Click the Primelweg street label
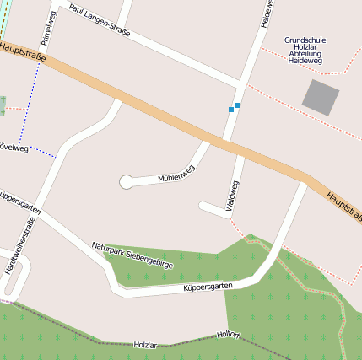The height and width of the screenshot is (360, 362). (x=47, y=28)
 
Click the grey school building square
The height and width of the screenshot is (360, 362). (x=321, y=97)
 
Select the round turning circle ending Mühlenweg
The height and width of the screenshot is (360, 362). (x=127, y=181)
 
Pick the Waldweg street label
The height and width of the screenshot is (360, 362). (x=233, y=194)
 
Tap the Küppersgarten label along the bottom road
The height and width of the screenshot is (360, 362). (x=208, y=288)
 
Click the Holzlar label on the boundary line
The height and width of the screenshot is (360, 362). (x=145, y=345)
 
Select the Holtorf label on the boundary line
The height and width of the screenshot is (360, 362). (x=229, y=336)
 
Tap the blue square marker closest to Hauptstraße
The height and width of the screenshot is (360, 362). (x=230, y=110)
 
